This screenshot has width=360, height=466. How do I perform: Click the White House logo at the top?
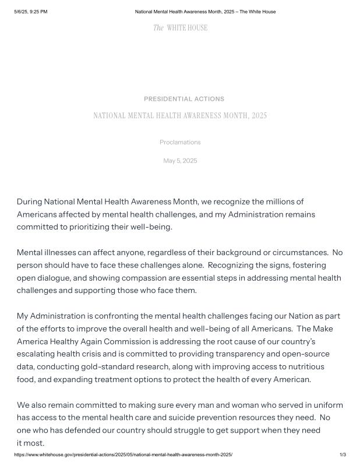tap(180, 28)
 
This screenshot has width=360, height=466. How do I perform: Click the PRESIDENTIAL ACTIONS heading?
tap(183, 99)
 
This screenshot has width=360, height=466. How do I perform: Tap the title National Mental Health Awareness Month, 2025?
tap(180, 116)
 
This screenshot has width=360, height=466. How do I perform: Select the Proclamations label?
tap(180, 142)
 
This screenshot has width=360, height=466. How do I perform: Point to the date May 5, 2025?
tap(180, 161)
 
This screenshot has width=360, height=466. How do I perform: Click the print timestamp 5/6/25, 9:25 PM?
tap(31, 12)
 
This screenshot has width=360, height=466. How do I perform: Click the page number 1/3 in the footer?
tap(343, 454)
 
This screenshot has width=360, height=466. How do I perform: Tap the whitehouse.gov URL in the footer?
tap(123, 454)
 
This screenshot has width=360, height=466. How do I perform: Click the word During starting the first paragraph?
tap(30, 202)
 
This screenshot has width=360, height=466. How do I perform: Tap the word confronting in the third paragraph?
tap(111, 316)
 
